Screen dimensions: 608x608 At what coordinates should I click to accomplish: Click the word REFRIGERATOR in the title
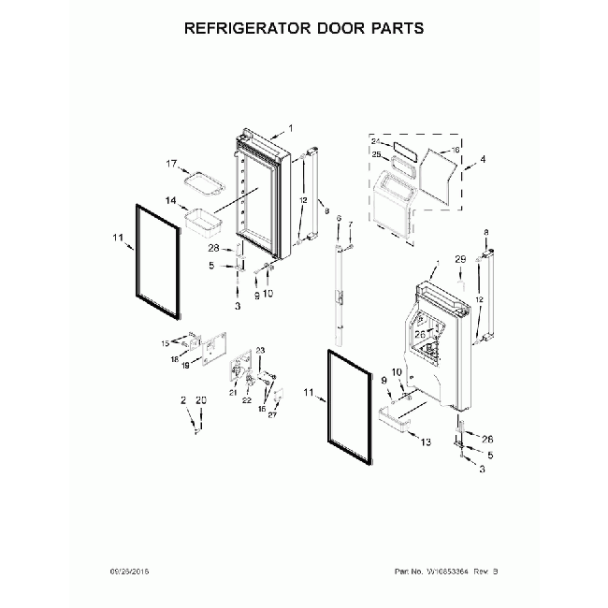(248, 27)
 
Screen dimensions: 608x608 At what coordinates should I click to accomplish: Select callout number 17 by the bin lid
(172, 165)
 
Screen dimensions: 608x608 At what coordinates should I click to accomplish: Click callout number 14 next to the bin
(171, 200)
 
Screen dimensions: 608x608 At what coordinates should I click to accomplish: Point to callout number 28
(213, 248)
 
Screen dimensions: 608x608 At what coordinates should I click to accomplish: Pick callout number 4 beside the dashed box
(483, 160)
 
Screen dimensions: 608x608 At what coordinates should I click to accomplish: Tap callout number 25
(376, 155)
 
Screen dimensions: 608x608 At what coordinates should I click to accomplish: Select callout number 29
(459, 258)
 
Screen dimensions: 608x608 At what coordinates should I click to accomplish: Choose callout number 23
(261, 351)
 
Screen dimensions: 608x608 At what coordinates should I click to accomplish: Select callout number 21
(231, 394)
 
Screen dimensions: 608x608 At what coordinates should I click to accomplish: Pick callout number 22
(248, 400)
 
